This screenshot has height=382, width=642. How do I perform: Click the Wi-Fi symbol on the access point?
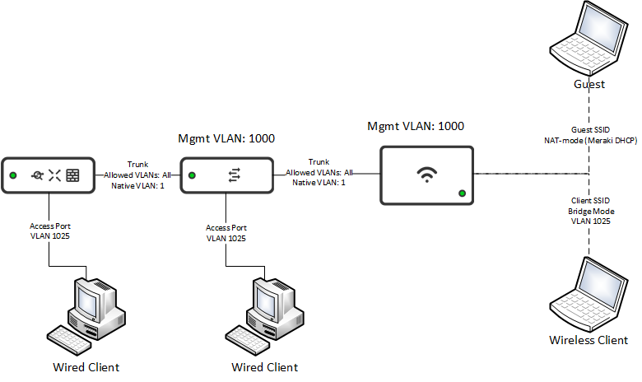(x=426, y=175)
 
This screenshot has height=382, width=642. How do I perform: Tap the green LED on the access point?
(x=462, y=193)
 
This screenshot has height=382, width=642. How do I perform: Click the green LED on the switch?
(x=192, y=175)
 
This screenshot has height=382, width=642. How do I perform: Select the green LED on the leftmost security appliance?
(x=13, y=175)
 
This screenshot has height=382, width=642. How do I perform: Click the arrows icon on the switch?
(x=234, y=175)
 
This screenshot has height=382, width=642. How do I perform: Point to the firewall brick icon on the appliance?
(x=73, y=175)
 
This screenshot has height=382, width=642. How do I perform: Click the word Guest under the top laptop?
(x=589, y=84)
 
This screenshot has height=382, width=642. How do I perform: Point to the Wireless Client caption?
(x=588, y=340)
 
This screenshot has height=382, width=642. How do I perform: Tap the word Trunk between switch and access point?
(x=319, y=161)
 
